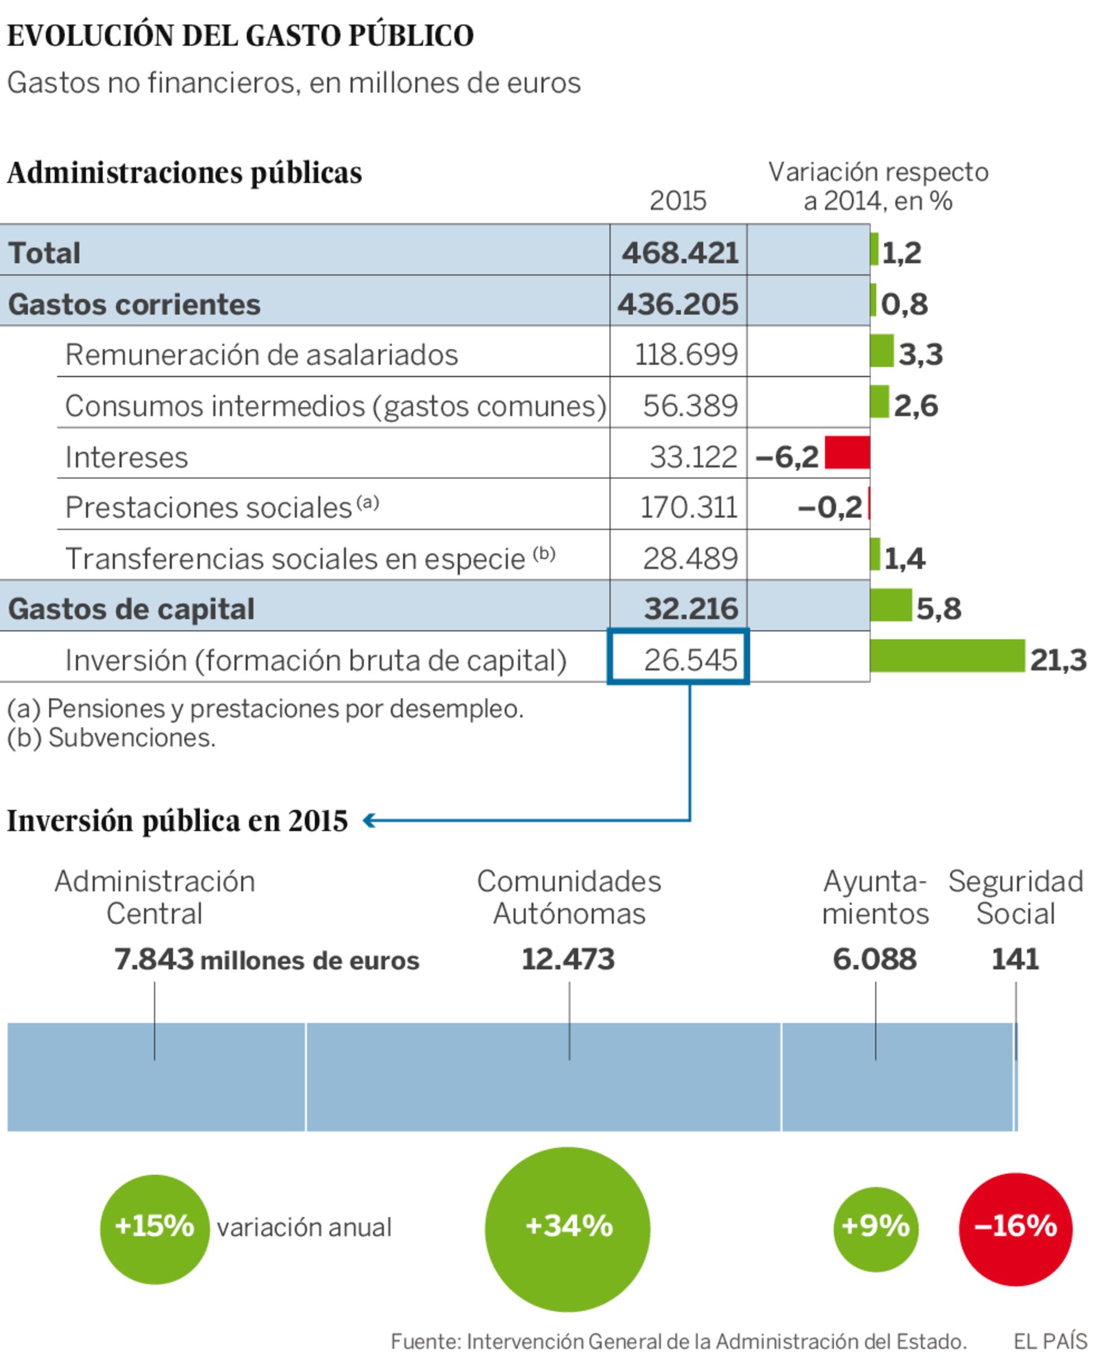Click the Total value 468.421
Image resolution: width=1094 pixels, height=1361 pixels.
[x=680, y=253]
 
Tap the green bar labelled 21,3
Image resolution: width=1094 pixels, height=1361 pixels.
[x=946, y=655]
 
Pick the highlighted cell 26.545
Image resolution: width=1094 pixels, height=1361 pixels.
[x=678, y=657]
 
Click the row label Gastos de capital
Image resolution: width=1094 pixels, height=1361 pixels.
[x=131, y=609]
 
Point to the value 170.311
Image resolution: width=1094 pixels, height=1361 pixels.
[x=688, y=508]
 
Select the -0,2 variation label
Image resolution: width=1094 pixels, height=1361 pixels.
[x=829, y=508]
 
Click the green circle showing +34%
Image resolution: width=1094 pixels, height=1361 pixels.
[x=567, y=1229]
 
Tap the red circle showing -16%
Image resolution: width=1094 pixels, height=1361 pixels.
[x=1015, y=1229]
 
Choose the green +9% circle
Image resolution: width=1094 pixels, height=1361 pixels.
[x=875, y=1229]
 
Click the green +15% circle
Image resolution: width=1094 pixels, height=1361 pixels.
[x=155, y=1229]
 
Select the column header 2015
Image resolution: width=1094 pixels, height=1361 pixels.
[x=678, y=201]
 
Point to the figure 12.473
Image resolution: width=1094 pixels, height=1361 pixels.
[x=567, y=959]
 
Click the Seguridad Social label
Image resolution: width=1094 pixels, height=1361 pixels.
[x=1015, y=897]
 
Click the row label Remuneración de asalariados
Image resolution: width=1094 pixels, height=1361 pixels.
[x=261, y=355]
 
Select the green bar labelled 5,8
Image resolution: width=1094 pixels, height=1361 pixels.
[x=891, y=605]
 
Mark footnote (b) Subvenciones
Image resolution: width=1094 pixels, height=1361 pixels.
[x=111, y=737]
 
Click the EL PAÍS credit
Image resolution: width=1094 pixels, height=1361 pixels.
[x=1050, y=1341]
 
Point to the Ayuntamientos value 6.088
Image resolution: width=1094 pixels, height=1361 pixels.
[x=874, y=959]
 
